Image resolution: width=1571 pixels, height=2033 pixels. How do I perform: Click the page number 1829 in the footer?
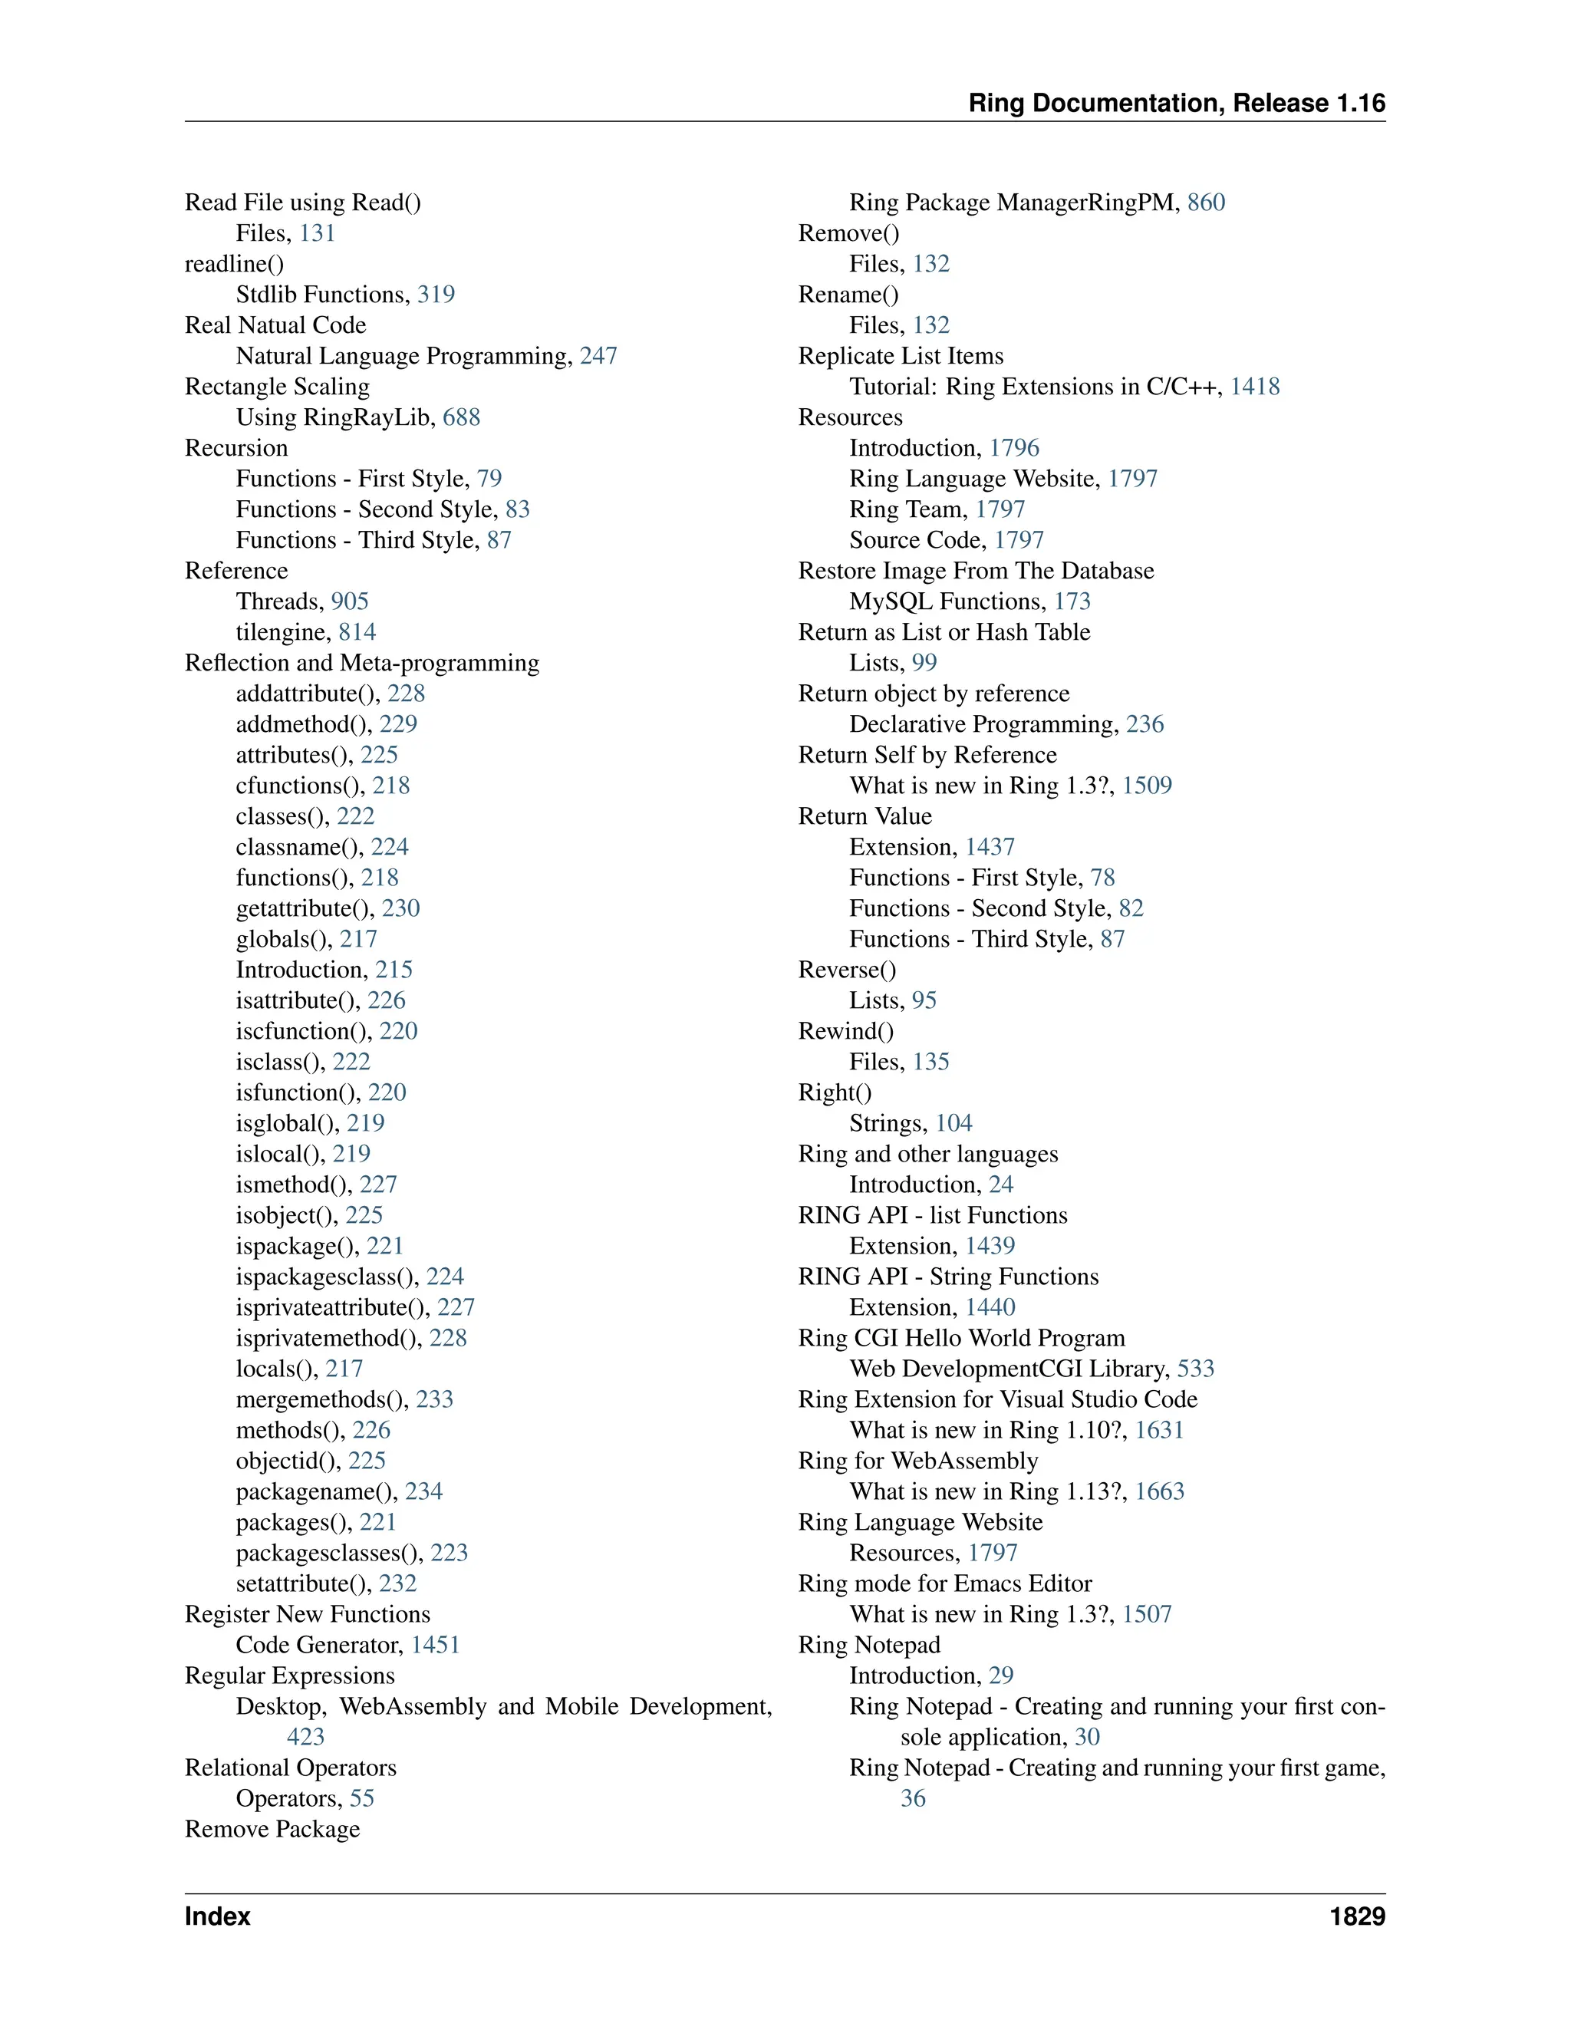(x=1357, y=1916)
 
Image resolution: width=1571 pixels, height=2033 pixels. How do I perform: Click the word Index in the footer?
(x=217, y=1916)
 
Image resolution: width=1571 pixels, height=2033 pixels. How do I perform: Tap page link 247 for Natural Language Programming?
(x=598, y=356)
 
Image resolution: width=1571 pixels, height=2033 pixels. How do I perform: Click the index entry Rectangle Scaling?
(x=276, y=387)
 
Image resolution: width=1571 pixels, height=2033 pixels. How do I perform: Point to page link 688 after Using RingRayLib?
(x=461, y=417)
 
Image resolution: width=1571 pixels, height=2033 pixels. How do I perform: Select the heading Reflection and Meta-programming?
(x=361, y=663)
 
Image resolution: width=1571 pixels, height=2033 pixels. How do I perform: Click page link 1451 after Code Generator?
(x=436, y=1645)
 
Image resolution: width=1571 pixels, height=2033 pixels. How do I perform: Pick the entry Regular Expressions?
(x=289, y=1675)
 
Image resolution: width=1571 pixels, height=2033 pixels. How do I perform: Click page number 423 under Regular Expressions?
(x=305, y=1737)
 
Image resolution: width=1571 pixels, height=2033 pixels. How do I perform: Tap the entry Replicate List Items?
(x=900, y=356)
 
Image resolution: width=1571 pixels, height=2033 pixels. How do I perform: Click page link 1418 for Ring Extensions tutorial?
(x=1254, y=387)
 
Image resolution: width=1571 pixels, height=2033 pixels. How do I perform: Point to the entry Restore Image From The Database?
(x=976, y=571)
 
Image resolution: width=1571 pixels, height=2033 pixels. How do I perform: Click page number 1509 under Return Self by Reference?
(x=1147, y=786)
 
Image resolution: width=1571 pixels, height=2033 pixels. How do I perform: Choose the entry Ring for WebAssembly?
(x=917, y=1461)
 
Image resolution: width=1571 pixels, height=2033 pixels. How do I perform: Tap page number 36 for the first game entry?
(x=912, y=1798)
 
